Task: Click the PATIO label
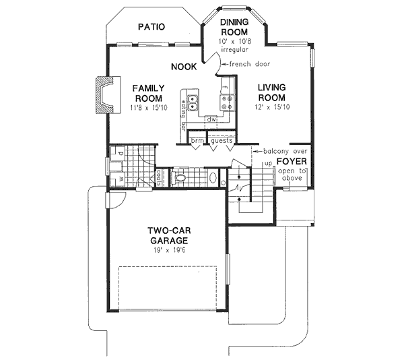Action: (152, 28)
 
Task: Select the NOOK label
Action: (183, 67)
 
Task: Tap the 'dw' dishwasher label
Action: (211, 119)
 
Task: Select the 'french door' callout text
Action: (249, 64)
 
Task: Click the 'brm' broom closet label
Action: (197, 141)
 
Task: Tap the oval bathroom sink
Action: (212, 179)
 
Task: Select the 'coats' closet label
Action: (159, 177)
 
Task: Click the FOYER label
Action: (292, 162)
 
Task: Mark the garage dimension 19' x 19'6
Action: (168, 251)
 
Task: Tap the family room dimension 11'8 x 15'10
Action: (145, 107)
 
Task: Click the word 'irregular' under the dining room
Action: (235, 49)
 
